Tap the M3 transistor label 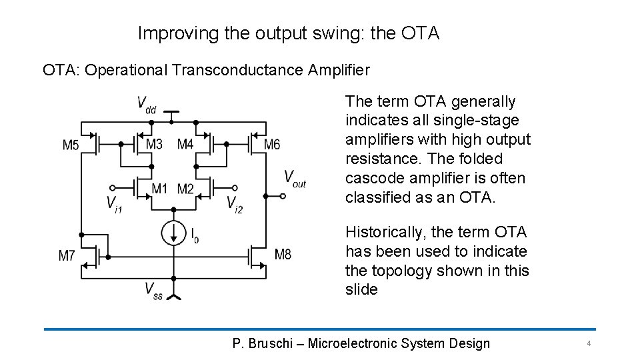[154, 145]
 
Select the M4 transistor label [185, 145]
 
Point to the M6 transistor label [271, 145]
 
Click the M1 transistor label [159, 189]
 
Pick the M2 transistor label [185, 189]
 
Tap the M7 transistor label [67, 255]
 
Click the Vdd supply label [147, 103]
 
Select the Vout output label [295, 177]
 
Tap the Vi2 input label [235, 203]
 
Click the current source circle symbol [173, 232]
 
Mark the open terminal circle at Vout [283, 196]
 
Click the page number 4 [589, 343]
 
